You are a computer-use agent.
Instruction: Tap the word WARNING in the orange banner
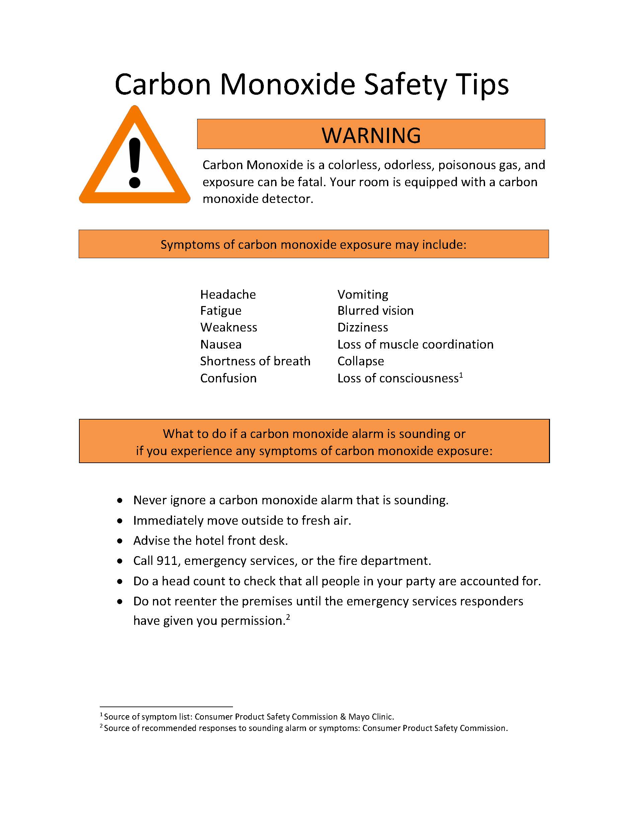371,135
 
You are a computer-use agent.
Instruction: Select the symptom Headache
228,294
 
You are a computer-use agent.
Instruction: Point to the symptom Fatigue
221,311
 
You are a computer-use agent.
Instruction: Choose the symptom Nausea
221,344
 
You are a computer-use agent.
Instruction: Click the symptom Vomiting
363,294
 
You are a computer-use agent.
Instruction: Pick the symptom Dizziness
363,327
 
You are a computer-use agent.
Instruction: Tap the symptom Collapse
360,361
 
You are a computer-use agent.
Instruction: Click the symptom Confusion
228,378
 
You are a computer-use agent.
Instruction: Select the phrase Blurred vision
375,311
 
